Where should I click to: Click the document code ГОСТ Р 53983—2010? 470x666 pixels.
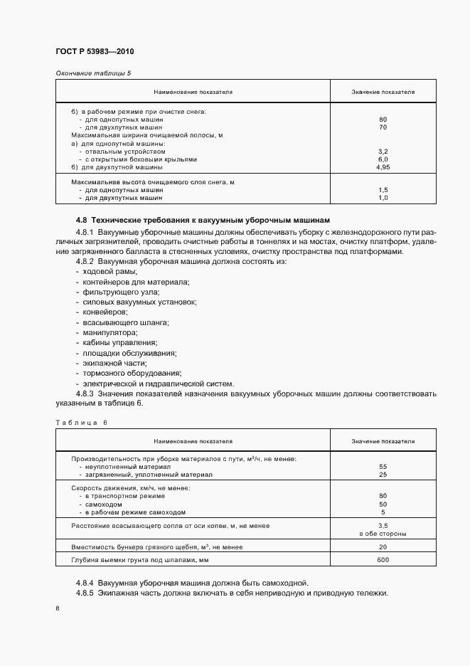click(95, 52)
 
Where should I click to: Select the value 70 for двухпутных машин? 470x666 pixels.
click(383, 127)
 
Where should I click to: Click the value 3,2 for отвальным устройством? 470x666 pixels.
click(383, 152)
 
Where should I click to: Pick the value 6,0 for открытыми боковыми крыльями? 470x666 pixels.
click(383, 159)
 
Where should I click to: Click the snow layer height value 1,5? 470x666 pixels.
click(383, 190)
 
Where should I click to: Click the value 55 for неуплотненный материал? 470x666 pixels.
click(383, 466)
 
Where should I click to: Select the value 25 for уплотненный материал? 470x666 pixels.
click(383, 474)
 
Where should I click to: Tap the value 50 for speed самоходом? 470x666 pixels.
click(383, 504)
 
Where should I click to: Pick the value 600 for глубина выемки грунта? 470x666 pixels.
click(383, 560)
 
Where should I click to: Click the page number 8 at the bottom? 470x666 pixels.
click(58, 608)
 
